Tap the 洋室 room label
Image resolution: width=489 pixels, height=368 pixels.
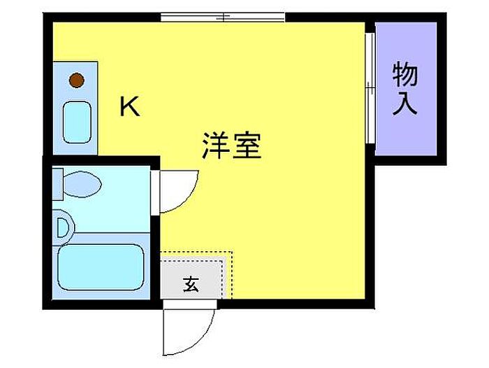[232, 146]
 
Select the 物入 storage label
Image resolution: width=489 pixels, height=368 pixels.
[404, 88]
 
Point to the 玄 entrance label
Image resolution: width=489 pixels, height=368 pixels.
[191, 284]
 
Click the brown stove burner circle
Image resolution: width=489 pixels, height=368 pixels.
[77, 80]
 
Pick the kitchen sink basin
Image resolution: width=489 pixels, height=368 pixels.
[77, 122]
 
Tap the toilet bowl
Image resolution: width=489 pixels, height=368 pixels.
[82, 184]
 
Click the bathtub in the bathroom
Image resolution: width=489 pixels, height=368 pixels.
[101, 267]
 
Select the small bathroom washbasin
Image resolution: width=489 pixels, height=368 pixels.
[64, 227]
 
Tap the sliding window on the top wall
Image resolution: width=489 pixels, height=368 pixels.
[223, 17]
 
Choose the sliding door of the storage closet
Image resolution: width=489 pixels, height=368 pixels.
[370, 87]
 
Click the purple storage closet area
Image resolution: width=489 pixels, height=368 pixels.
[405, 89]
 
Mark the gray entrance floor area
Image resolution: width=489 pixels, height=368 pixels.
[192, 278]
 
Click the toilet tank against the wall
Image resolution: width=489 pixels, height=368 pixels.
[58, 184]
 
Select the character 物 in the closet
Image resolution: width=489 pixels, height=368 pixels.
[404, 74]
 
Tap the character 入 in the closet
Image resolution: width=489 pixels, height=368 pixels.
[404, 103]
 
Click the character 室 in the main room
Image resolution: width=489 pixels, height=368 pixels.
[247, 146]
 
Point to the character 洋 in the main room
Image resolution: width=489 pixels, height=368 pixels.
[217, 146]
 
